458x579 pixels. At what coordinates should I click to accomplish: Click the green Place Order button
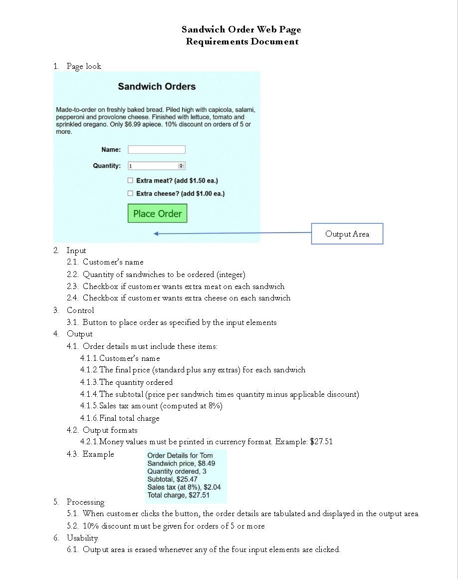(x=157, y=214)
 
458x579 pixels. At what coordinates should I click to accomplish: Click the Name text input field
(x=156, y=150)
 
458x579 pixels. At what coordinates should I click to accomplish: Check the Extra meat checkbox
(x=130, y=181)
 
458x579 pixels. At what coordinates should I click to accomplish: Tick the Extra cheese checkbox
(x=130, y=194)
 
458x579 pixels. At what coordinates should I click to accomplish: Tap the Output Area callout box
(x=347, y=234)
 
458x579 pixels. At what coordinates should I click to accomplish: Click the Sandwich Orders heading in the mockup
(x=157, y=86)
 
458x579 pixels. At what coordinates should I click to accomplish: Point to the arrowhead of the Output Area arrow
(x=156, y=234)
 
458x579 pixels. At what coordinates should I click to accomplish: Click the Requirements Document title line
(x=242, y=41)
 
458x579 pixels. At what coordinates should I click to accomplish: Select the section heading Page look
(x=84, y=66)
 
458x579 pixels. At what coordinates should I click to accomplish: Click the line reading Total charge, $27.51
(x=178, y=495)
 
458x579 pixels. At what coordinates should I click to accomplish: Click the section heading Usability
(x=82, y=538)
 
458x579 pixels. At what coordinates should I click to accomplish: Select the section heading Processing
(x=85, y=502)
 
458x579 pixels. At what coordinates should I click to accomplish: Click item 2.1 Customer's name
(x=113, y=262)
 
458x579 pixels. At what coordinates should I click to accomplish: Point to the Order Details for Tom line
(x=180, y=455)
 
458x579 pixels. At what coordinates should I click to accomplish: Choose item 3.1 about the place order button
(x=179, y=322)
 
